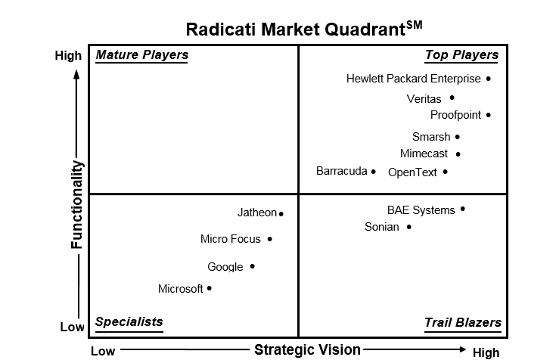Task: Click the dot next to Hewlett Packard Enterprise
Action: click(488, 79)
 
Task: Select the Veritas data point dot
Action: click(452, 98)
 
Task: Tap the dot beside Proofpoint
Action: click(488, 115)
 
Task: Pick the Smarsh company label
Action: click(431, 137)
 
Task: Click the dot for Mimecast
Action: click(458, 154)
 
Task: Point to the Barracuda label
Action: click(341, 171)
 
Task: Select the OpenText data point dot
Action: click(446, 172)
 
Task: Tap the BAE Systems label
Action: click(421, 210)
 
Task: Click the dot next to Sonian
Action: click(408, 227)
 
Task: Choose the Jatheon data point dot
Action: click(281, 214)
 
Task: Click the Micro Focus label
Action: click(231, 239)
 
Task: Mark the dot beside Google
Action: click(253, 266)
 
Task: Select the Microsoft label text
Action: click(181, 289)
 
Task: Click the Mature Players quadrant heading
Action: click(142, 55)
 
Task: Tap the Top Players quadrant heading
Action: click(461, 55)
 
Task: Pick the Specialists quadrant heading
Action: click(129, 321)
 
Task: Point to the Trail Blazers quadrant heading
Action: click(463, 322)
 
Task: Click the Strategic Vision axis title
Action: click(307, 349)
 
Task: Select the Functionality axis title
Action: click(76, 205)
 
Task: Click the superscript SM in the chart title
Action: click(415, 24)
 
